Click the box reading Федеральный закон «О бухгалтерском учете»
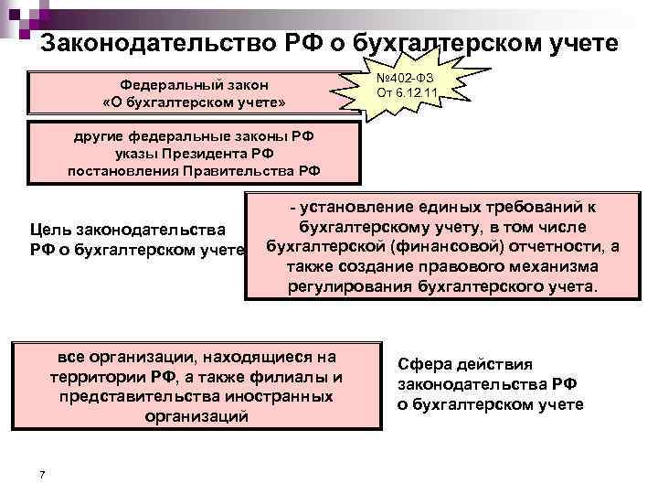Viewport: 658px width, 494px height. click(x=188, y=91)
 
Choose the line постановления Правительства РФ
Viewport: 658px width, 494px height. click(x=194, y=170)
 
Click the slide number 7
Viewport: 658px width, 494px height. click(x=43, y=473)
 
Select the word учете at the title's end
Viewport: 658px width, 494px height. click(x=586, y=43)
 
